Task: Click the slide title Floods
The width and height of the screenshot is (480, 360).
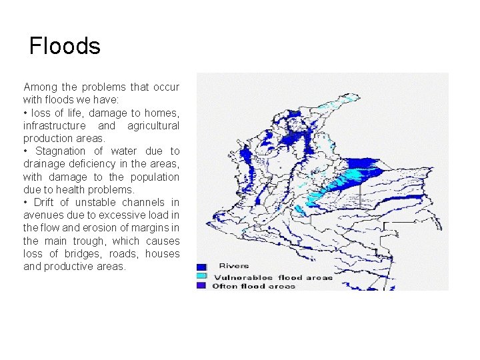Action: [65, 46]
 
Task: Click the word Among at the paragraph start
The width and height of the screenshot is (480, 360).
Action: [41, 87]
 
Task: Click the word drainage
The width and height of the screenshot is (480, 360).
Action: [44, 164]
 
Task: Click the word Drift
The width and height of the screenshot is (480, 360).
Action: [43, 203]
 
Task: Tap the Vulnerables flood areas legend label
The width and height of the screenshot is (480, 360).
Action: [272, 277]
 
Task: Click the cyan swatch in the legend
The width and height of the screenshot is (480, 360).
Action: [201, 276]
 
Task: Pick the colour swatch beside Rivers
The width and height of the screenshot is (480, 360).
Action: [201, 267]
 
